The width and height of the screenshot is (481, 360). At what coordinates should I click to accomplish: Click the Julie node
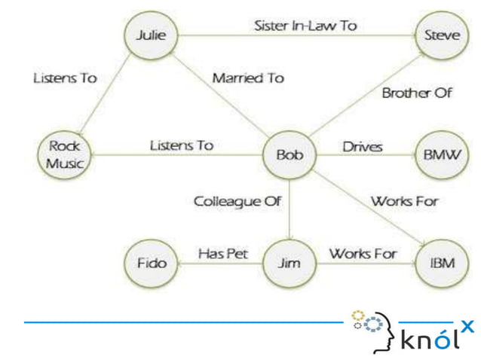150,35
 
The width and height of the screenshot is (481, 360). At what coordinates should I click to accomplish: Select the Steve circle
442,35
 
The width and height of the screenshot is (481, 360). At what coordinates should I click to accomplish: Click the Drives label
362,146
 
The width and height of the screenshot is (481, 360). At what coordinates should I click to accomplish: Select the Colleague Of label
237,201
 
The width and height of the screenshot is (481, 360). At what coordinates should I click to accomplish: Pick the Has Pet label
222,254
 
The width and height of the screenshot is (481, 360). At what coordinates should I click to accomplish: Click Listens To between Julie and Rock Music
65,78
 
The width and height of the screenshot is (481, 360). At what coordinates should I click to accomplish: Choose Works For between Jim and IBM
363,254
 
